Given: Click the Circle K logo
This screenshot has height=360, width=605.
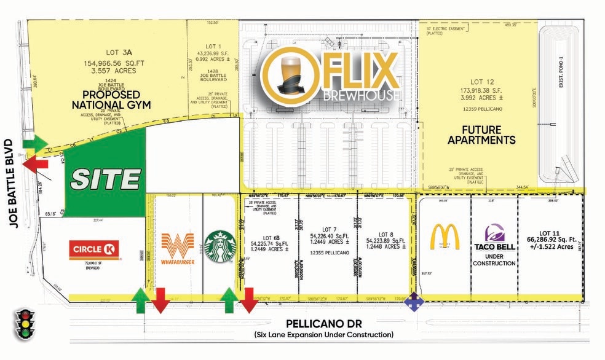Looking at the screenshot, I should (x=93, y=250).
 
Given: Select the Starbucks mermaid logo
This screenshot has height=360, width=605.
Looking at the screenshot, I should (x=220, y=246).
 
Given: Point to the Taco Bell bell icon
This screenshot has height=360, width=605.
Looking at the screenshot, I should (x=494, y=233).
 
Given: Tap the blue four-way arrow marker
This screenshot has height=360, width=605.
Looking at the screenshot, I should (x=416, y=300).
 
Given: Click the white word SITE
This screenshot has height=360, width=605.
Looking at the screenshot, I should (x=105, y=179).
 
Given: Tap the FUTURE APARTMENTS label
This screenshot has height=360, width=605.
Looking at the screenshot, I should (x=481, y=135).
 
